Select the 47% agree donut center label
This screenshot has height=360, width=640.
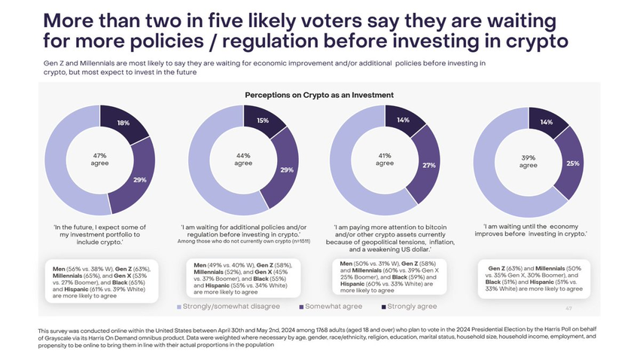(x=100, y=159)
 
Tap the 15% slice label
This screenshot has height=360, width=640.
(x=262, y=120)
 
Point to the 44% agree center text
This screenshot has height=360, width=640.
(x=243, y=159)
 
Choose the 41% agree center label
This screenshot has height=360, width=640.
(x=385, y=159)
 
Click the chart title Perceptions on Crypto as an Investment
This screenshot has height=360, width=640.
(x=319, y=95)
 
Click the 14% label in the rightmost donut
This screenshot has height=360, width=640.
(x=546, y=122)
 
